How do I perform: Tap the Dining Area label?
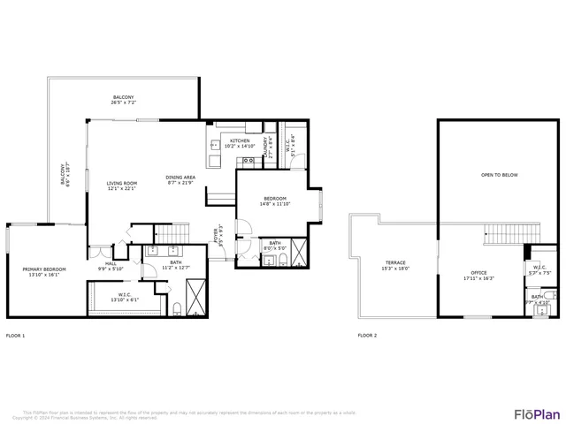pos(180,180)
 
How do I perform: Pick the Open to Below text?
pos(499,175)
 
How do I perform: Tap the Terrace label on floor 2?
pos(395,265)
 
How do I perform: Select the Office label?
pos(478,275)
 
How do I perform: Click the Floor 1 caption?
pos(15,336)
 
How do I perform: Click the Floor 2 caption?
pos(367,336)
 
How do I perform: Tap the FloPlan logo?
pos(537,413)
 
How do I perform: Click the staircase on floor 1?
pos(172,233)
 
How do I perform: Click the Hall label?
pos(111,266)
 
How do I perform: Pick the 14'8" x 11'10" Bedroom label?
pos(275,201)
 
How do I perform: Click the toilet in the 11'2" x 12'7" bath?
pos(178,308)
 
